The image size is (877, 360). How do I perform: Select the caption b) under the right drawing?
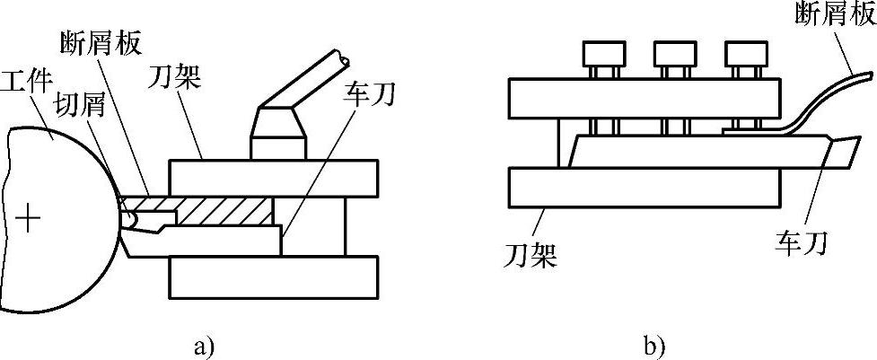pyautogui.click(x=653, y=343)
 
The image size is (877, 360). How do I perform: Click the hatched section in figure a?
pyautogui.click(x=224, y=211)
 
